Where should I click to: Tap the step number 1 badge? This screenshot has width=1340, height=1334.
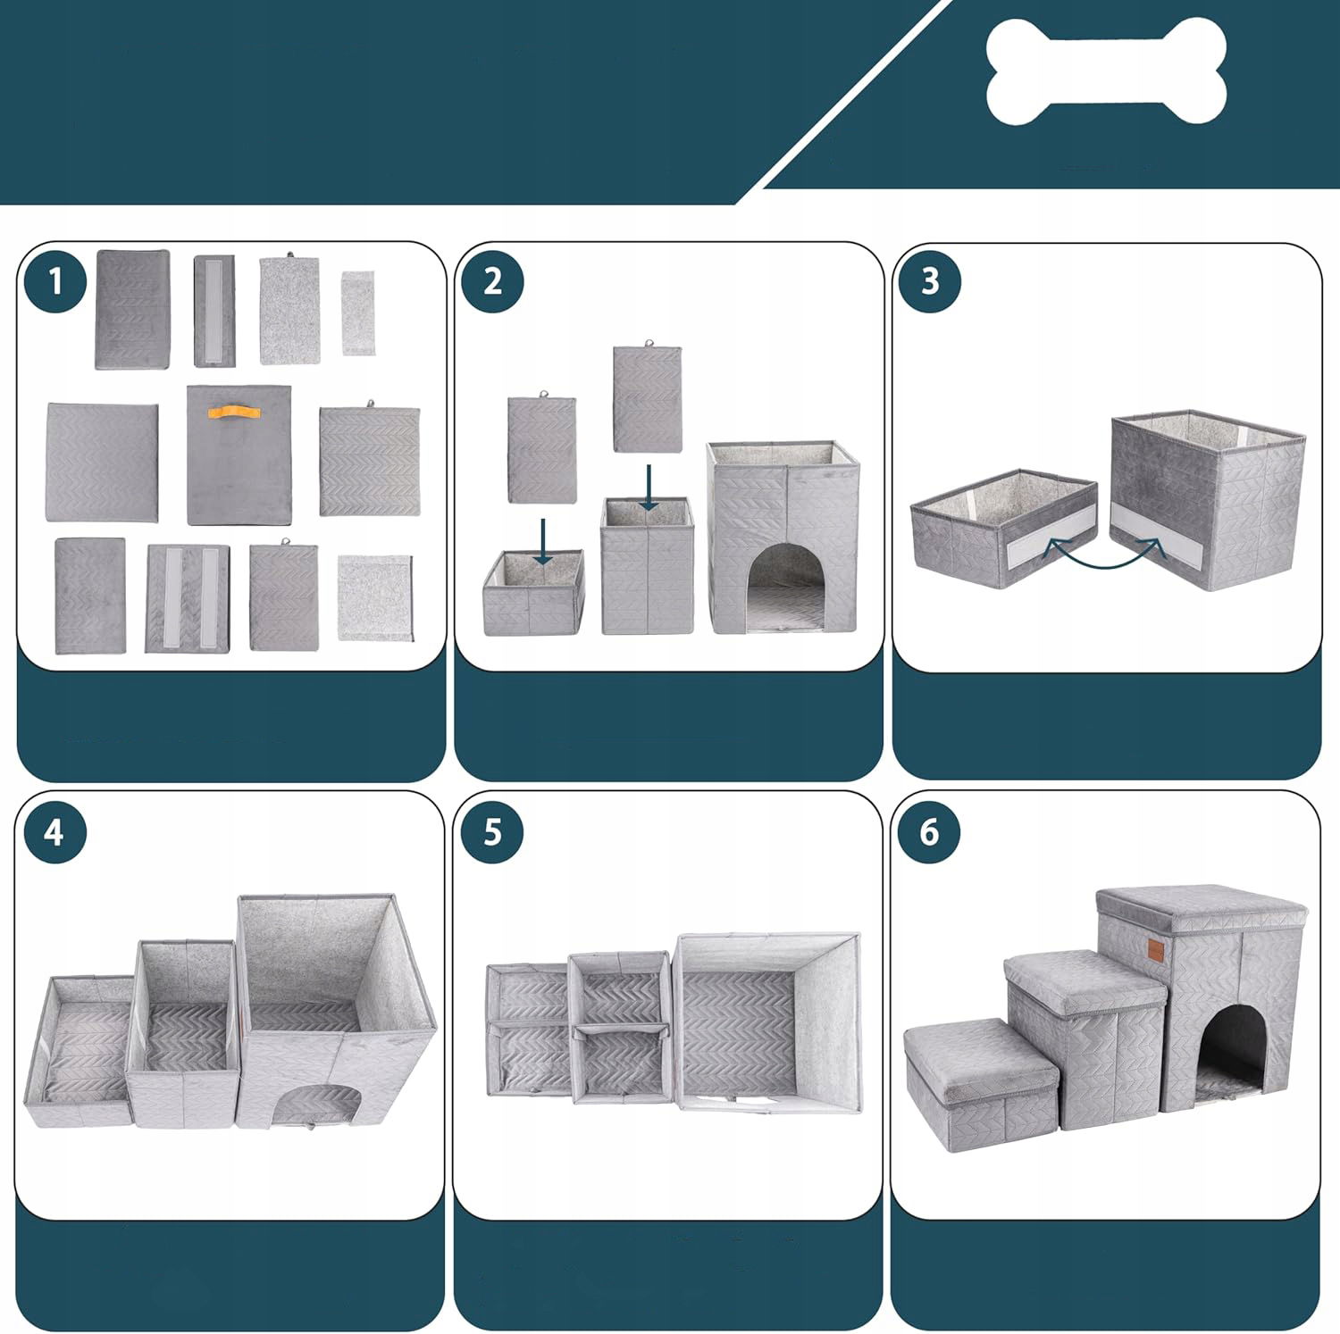(x=55, y=281)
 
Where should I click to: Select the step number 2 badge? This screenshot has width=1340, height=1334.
(x=492, y=281)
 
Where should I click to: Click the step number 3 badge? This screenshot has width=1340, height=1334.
(x=930, y=281)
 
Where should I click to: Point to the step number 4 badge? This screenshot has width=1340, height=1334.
(x=54, y=832)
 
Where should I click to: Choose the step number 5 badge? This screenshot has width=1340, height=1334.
(x=492, y=832)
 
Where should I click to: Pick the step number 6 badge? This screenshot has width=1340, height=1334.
(x=929, y=832)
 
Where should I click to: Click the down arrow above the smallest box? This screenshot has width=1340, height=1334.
(x=542, y=542)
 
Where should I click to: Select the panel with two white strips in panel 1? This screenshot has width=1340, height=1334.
(x=187, y=597)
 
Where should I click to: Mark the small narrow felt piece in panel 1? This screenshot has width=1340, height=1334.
(x=357, y=313)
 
